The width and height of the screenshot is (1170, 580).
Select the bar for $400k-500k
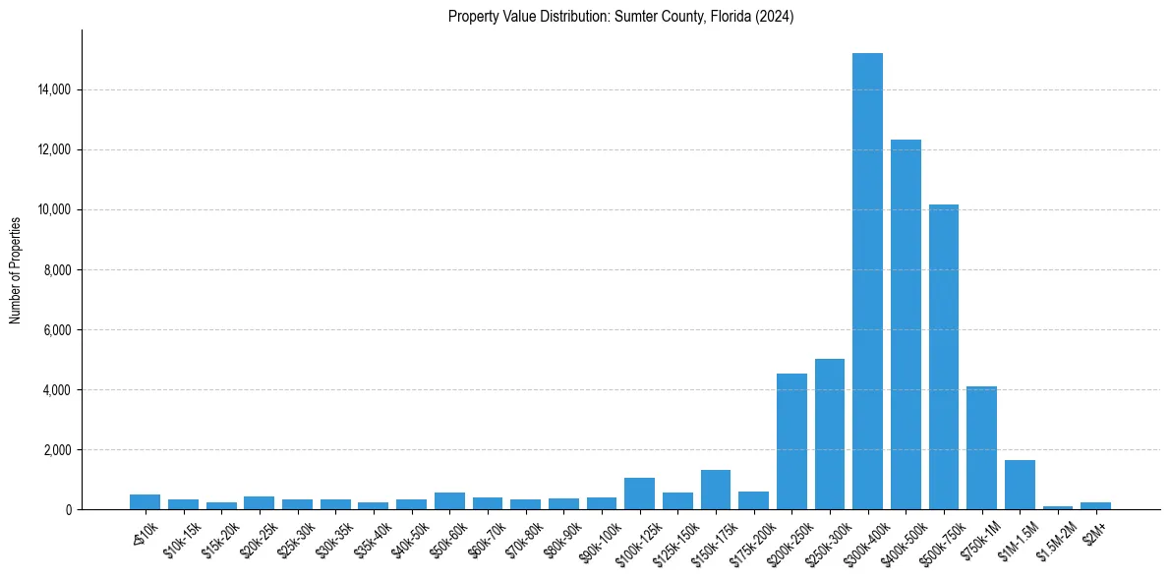coord(906,324)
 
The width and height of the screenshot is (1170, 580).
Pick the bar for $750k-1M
coord(981,448)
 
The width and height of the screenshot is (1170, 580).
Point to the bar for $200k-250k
coord(791,441)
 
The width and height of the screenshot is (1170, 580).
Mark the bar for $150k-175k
coord(716,490)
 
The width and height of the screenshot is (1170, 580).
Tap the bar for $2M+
coord(1095,506)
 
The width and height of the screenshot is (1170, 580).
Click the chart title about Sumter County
coord(620,17)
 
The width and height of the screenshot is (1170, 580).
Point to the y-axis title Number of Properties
coord(16,269)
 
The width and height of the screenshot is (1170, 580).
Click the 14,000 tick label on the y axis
coord(55,89)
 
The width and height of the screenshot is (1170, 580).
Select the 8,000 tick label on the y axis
coord(58,269)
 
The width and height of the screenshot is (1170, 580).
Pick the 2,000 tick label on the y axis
coord(58,449)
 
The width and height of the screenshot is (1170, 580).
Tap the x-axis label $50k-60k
coord(448,537)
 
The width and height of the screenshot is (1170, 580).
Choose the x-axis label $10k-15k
coord(182,537)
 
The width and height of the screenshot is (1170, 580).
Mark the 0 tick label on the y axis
coord(69,509)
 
